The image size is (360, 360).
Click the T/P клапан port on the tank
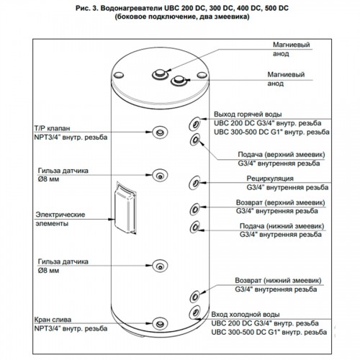coord(160,132)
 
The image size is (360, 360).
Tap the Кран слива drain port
coord(160,324)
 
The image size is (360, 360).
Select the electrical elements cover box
coord(125,207)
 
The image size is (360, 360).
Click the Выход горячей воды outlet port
coord(195,124)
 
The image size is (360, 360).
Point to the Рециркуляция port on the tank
coord(194,183)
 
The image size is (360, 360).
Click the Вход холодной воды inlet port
coord(195,312)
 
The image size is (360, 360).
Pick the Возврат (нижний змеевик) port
coord(195,297)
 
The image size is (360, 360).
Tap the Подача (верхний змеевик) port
coord(195,139)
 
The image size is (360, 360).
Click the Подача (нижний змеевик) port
coord(195,227)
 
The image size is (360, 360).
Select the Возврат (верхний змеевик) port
coord(195,210)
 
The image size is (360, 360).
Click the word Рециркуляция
coord(270,179)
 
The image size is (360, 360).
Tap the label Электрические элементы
coord(60,219)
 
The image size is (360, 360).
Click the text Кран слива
coord(53,320)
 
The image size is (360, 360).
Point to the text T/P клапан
coord(52,128)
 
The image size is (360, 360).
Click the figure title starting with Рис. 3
coord(182,9)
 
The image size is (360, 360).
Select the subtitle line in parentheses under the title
coord(182,17)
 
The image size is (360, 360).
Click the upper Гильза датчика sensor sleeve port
coord(160,175)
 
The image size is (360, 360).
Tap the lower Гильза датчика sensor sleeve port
coord(160,266)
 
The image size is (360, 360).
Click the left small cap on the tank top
coord(119,75)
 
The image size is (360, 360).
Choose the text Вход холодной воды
coord(246,315)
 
